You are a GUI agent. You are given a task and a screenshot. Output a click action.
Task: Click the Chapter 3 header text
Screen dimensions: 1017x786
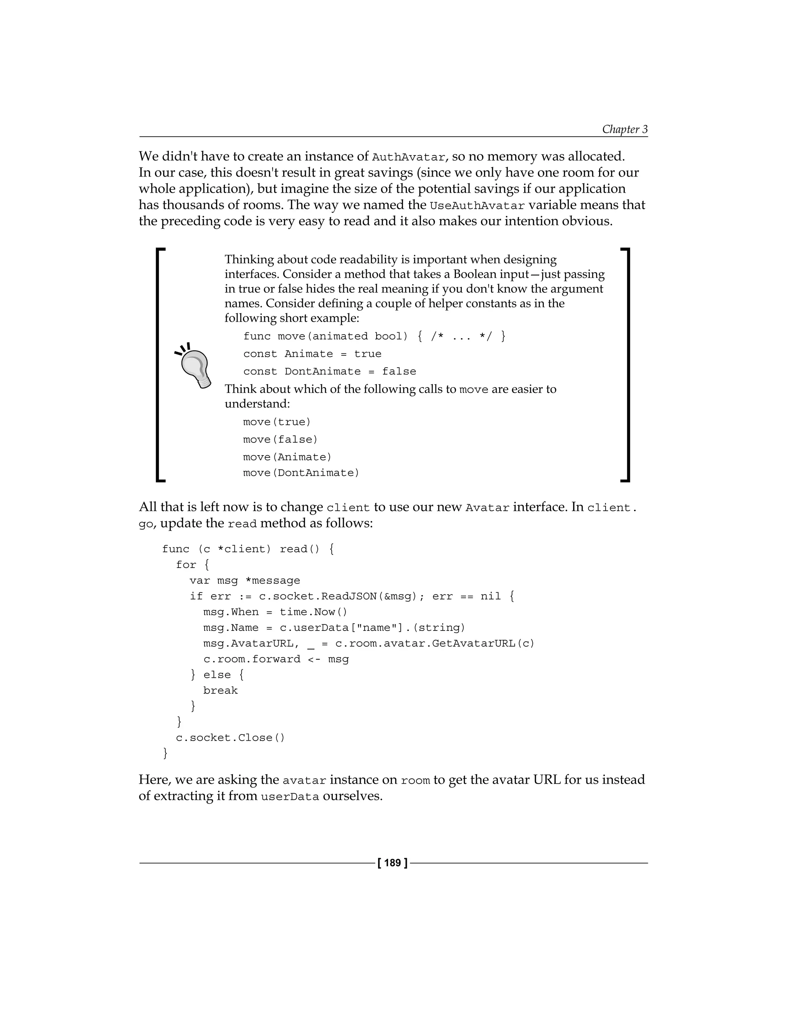(624, 129)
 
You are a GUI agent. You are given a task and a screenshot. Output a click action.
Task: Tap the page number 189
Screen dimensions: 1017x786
(393, 863)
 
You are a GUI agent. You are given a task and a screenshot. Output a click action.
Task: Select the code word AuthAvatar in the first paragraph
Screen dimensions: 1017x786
(408, 157)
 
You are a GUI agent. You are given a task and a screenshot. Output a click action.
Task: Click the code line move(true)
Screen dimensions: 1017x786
(277, 422)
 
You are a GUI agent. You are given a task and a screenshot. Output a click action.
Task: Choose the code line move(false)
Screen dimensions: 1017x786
(280, 439)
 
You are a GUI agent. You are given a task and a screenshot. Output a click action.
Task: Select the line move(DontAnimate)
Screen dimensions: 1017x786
(301, 473)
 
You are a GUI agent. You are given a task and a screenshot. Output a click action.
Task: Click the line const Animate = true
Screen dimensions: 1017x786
(312, 354)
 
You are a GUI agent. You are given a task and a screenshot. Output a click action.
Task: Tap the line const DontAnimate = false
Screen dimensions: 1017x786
(329, 371)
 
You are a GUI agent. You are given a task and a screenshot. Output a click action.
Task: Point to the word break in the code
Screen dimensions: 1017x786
(220, 690)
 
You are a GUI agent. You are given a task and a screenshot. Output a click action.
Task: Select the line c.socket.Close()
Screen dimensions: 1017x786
(230, 738)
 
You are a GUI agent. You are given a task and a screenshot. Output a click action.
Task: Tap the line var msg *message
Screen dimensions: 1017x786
(244, 581)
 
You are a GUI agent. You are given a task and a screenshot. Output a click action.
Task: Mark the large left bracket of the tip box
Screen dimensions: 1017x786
(160, 365)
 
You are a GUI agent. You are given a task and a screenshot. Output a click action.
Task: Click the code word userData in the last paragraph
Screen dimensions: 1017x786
(290, 797)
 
